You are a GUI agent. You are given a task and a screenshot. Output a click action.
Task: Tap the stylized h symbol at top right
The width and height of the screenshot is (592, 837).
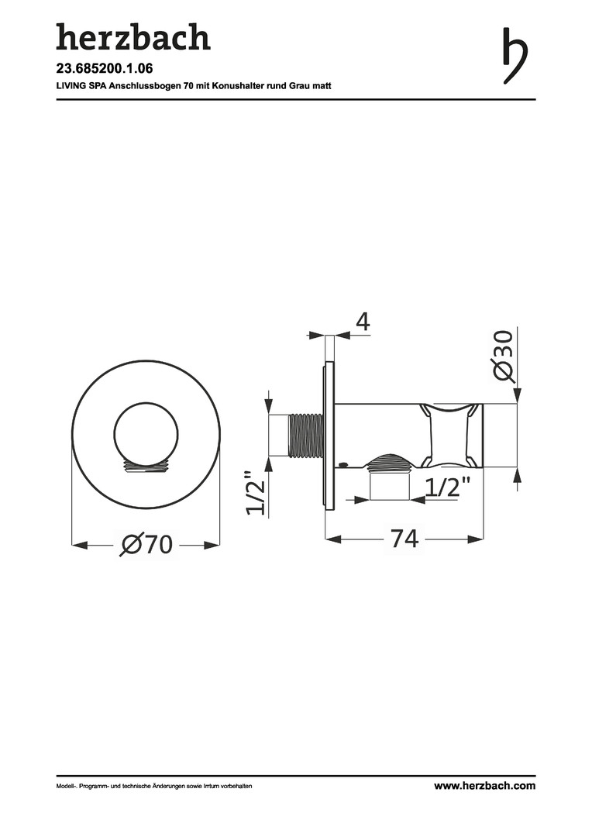pyautogui.click(x=515, y=56)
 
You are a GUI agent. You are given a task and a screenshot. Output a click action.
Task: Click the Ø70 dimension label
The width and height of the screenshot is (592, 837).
pyautogui.click(x=146, y=545)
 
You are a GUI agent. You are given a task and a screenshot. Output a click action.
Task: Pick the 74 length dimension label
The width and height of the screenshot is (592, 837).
pyautogui.click(x=404, y=539)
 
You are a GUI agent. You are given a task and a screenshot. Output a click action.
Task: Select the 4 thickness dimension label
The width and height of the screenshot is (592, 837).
pyautogui.click(x=363, y=322)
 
